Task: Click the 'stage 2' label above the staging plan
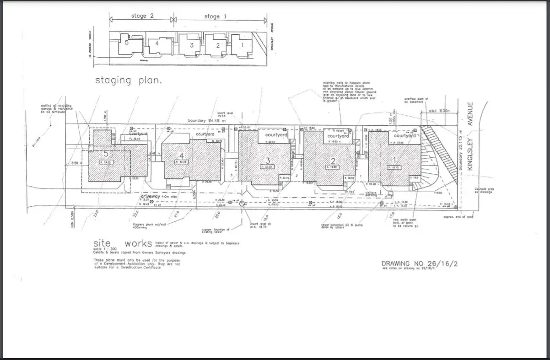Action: pos(139,16)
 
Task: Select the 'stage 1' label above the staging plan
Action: pos(212,16)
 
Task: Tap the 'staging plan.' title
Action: pos(129,81)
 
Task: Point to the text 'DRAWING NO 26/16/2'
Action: pos(419,263)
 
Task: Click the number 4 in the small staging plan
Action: pos(156,43)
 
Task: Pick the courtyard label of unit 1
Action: pos(405,136)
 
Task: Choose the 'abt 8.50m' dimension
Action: pos(439,110)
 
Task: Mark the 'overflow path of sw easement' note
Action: pos(415,101)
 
